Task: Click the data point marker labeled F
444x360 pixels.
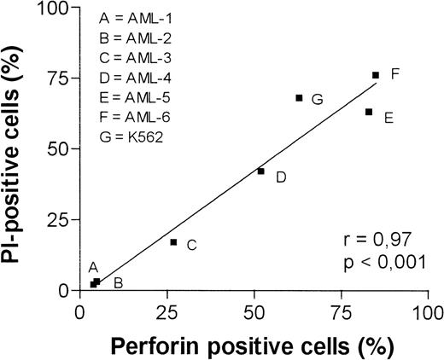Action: click(376, 75)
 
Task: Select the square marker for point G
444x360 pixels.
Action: click(299, 97)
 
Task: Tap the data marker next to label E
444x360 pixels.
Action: click(369, 112)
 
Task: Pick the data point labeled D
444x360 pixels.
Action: click(261, 171)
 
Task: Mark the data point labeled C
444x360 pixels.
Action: click(173, 242)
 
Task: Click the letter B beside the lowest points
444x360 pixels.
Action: click(119, 282)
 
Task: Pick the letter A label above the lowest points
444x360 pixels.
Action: click(93, 267)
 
